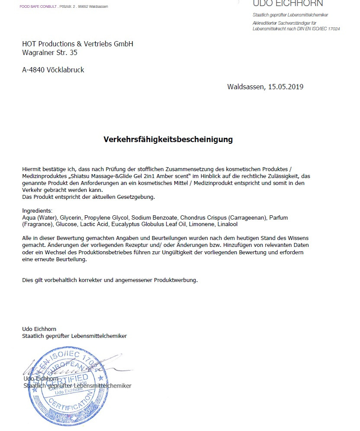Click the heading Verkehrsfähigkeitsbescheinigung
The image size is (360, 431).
[168, 139]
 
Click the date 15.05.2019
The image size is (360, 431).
[286, 87]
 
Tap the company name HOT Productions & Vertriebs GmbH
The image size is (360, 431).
[77, 44]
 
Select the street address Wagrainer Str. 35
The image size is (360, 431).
[50, 53]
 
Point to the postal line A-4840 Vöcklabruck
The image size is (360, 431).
[53, 69]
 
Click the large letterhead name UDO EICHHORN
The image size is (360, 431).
[288, 4]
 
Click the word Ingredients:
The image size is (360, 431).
[37, 211]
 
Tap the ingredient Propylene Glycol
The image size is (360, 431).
[106, 217]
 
